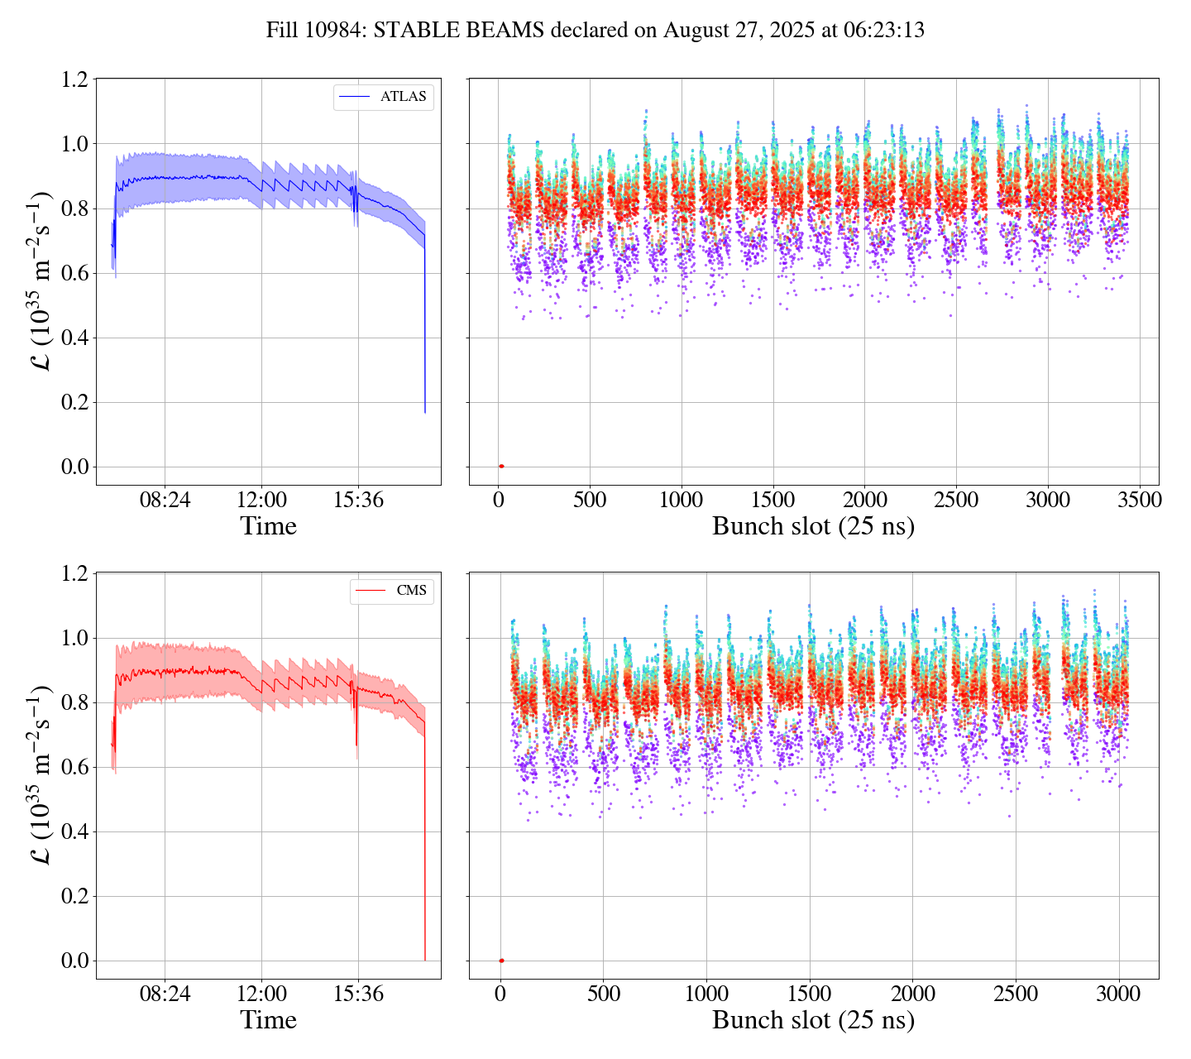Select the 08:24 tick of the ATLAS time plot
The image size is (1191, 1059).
coord(164,501)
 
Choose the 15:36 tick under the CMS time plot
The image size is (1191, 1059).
coord(357,994)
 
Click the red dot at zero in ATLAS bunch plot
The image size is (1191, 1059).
coord(501,467)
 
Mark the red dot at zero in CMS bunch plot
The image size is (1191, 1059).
coord(501,961)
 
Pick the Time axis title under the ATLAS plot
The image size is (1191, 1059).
coord(268,526)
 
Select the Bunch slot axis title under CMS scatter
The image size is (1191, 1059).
coord(813,1020)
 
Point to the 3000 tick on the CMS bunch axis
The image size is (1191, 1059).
coord(1118,994)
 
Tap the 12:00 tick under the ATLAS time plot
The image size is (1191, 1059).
coord(261,501)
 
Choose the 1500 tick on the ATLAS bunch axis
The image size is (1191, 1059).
coord(772,501)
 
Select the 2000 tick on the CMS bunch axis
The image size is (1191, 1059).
coord(912,994)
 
